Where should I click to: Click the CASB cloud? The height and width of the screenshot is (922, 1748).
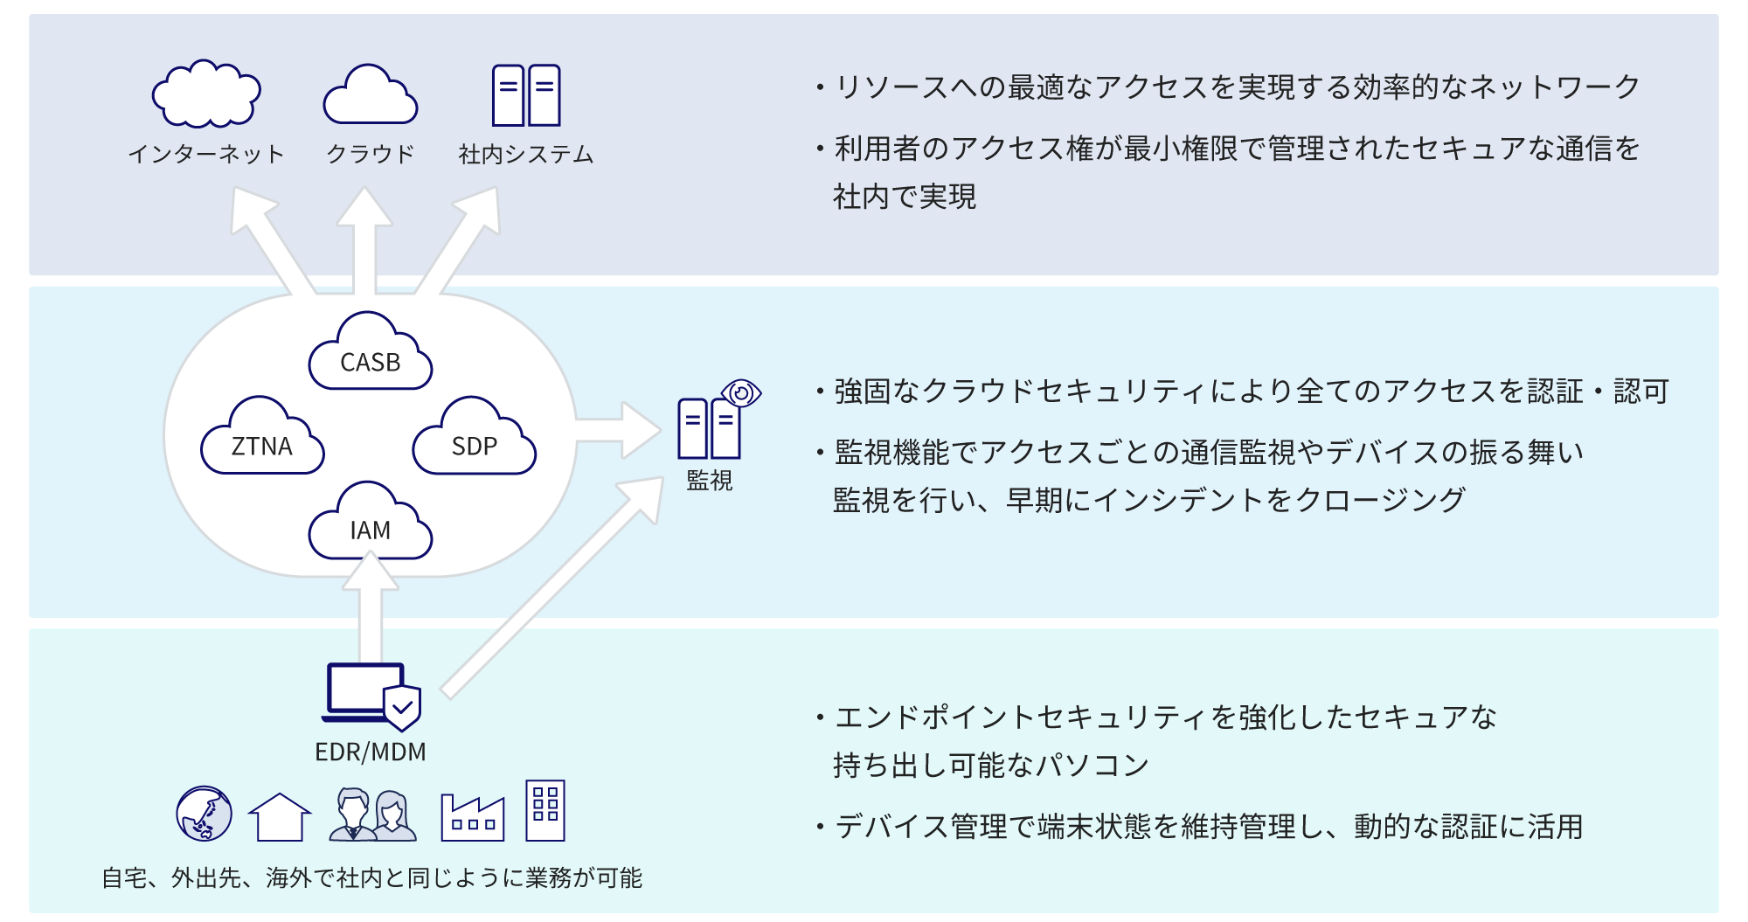click(371, 354)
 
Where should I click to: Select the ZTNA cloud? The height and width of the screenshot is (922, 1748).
click(262, 440)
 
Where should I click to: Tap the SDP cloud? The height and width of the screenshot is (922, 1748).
click(474, 440)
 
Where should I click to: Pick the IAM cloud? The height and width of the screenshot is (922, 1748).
click(371, 524)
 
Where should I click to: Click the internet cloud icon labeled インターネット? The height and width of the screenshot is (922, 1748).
click(206, 94)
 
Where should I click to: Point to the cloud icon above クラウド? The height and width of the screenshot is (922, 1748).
click(371, 96)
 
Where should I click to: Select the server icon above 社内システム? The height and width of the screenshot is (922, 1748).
click(526, 95)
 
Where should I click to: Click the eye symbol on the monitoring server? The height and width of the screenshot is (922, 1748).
click(742, 393)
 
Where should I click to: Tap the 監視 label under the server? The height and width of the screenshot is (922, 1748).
click(710, 481)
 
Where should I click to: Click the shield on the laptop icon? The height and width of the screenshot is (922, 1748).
click(403, 707)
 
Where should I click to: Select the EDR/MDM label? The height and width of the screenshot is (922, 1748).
click(371, 752)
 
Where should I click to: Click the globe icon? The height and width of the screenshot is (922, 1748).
click(205, 813)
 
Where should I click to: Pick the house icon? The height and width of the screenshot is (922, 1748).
click(280, 817)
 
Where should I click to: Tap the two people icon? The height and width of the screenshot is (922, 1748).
click(372, 815)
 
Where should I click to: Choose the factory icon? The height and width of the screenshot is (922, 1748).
click(473, 818)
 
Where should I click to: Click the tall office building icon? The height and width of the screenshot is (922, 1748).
click(545, 811)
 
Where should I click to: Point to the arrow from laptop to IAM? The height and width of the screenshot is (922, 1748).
click(371, 612)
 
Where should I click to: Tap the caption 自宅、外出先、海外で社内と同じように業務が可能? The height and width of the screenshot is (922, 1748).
click(372, 877)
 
